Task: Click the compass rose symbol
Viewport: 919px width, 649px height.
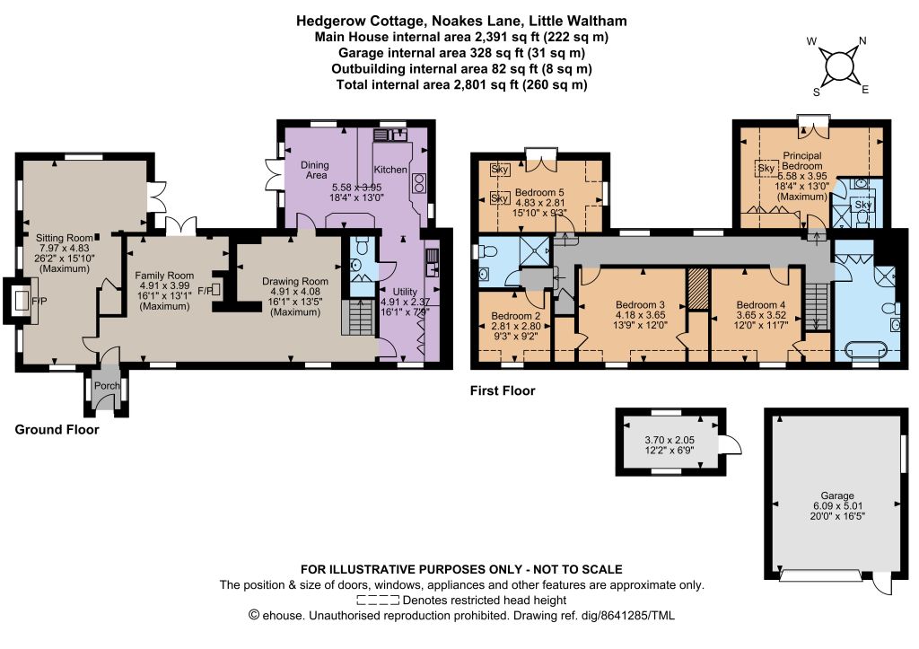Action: tap(837, 65)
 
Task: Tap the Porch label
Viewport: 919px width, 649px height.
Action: tap(107, 386)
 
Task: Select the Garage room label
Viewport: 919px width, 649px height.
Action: tap(837, 496)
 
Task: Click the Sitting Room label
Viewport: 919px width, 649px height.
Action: tap(64, 238)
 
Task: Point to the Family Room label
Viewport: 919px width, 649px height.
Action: tap(164, 275)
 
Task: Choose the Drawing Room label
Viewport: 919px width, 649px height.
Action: tap(294, 281)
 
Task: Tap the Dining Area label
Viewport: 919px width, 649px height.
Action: tap(315, 170)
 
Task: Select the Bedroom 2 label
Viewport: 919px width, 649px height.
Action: tap(516, 316)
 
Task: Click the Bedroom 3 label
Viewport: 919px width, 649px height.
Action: tap(640, 304)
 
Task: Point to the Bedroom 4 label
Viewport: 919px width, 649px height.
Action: tap(761, 304)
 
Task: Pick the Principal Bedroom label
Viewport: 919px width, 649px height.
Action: tap(801, 161)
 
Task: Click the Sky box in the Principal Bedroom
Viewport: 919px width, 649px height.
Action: tap(766, 169)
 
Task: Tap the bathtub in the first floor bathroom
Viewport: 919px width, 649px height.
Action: tap(865, 351)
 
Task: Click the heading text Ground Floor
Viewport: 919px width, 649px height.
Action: tap(57, 430)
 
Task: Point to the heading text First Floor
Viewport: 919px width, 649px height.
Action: tap(503, 390)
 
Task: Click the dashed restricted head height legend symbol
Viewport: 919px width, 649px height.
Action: tap(378, 601)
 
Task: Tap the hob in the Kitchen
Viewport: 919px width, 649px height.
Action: tap(419, 183)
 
